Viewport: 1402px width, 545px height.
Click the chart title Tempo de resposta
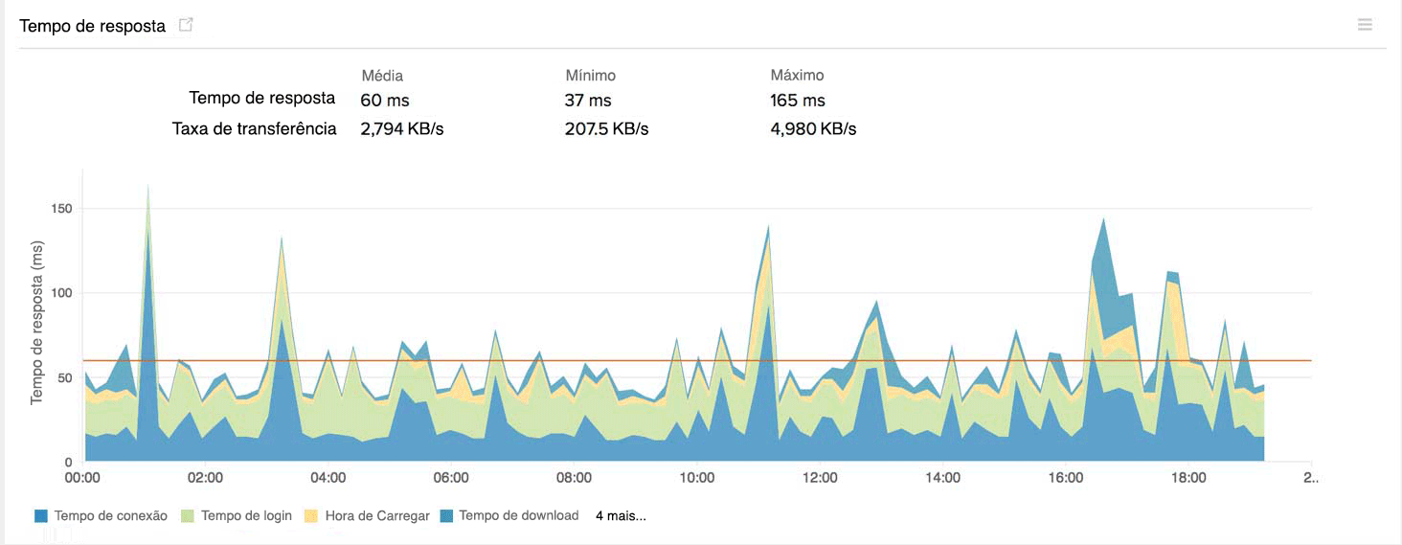[93, 26]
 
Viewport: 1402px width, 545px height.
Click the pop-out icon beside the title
[186, 25]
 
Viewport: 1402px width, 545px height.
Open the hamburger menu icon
[1365, 25]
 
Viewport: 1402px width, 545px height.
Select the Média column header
[382, 75]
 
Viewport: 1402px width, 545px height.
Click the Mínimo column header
[590, 75]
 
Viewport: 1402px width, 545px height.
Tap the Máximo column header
[797, 75]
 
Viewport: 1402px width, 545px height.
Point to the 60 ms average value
[385, 101]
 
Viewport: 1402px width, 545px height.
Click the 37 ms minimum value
[588, 101]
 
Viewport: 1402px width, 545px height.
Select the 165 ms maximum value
[798, 101]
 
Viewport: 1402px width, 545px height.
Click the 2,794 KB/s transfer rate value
[402, 129]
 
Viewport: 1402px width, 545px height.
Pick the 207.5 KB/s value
[607, 129]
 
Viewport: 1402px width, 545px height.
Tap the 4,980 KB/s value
[813, 129]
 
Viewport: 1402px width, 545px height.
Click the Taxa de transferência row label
[255, 128]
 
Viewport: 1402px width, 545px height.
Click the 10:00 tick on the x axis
[697, 477]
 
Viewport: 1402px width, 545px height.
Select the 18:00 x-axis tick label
[1188, 477]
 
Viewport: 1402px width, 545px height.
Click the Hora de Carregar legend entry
[367, 515]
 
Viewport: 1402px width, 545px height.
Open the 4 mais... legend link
[621, 515]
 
